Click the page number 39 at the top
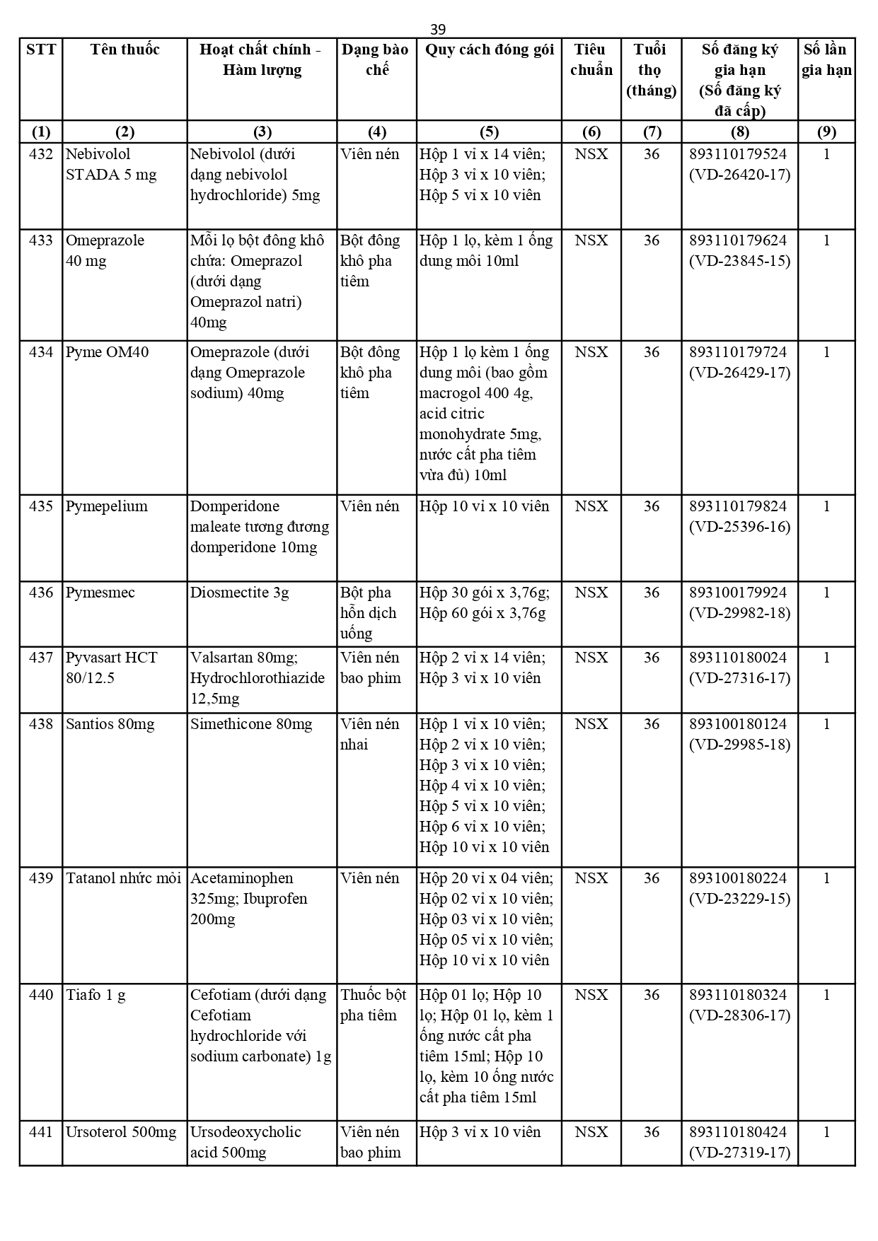438,29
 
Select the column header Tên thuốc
125,49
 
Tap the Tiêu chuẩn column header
591,59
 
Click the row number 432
41,154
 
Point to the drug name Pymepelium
107,506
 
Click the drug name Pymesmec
100,593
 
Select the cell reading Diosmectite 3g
239,593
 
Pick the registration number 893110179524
738,154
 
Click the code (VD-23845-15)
739,261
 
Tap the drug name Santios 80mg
110,724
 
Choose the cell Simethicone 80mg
251,724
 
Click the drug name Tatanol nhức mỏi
124,878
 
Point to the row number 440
41,995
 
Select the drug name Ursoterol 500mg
121,1132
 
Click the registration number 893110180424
738,1132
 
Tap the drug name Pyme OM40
107,352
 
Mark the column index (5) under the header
489,132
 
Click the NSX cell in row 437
591,658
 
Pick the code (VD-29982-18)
739,613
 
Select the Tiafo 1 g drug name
96,995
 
